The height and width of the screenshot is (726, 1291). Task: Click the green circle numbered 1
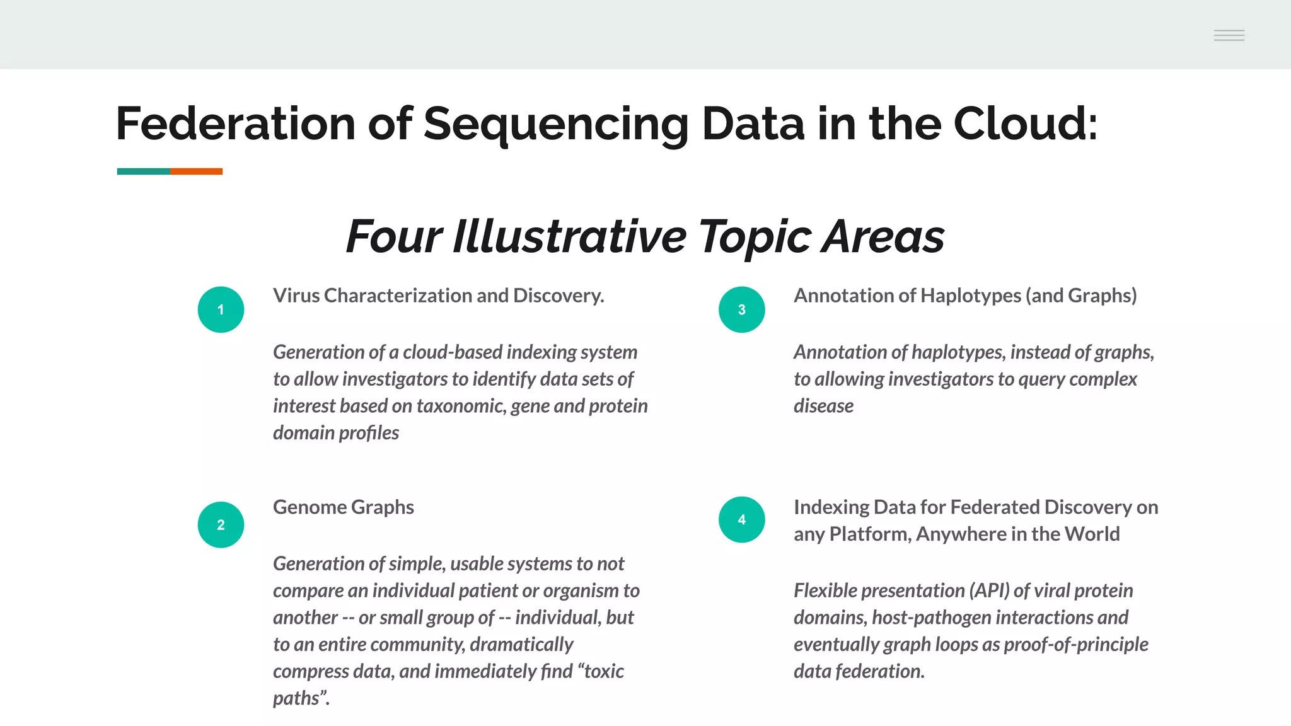(221, 309)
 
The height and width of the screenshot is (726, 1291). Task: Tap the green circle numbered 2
(221, 524)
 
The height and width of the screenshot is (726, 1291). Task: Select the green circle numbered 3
(741, 309)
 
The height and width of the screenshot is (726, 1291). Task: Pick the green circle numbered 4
(741, 519)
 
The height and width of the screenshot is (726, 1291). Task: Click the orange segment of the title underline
(196, 171)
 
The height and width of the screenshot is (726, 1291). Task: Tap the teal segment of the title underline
(143, 171)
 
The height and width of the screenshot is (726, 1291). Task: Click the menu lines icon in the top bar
(1229, 35)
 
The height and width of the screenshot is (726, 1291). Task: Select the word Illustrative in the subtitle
(569, 236)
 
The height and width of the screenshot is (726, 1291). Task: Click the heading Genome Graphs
(343, 507)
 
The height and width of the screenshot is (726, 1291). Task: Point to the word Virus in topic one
(296, 296)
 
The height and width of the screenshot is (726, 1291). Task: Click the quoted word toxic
(601, 671)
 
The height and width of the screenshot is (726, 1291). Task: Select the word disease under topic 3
(823, 406)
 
